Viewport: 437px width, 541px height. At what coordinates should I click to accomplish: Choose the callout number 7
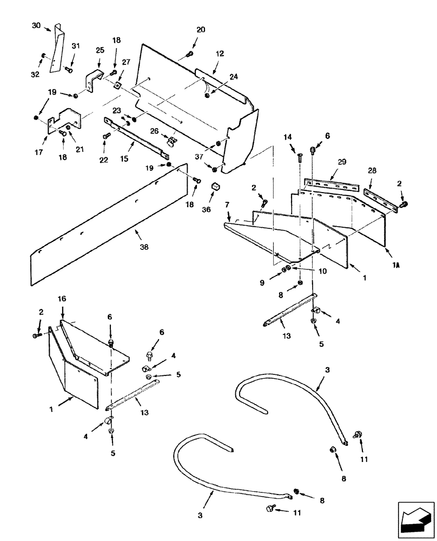(x=228, y=206)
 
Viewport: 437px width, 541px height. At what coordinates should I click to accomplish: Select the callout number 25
(x=101, y=50)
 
